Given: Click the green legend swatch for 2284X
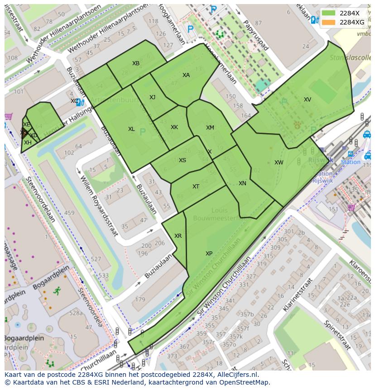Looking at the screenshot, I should (328, 13).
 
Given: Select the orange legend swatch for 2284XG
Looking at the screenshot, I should (328, 22).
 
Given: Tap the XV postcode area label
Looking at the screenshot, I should (308, 100).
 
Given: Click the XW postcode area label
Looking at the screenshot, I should (279, 163).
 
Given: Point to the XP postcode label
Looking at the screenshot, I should (209, 254).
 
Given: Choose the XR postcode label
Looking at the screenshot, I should (178, 236).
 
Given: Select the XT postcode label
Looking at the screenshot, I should (196, 187).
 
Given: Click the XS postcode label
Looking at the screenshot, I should (182, 160).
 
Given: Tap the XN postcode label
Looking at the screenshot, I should (242, 183).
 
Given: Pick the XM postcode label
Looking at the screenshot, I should (210, 128).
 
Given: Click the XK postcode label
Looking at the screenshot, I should (174, 127).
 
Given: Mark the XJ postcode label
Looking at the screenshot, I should (152, 97).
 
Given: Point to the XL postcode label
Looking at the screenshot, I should (131, 129).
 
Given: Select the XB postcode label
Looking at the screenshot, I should (136, 63).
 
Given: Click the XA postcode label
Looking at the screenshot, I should (186, 75).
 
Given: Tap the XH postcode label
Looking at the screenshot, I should (28, 143).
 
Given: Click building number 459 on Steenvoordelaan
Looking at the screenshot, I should (69, 213).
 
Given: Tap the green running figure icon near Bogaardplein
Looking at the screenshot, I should (57, 291).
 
